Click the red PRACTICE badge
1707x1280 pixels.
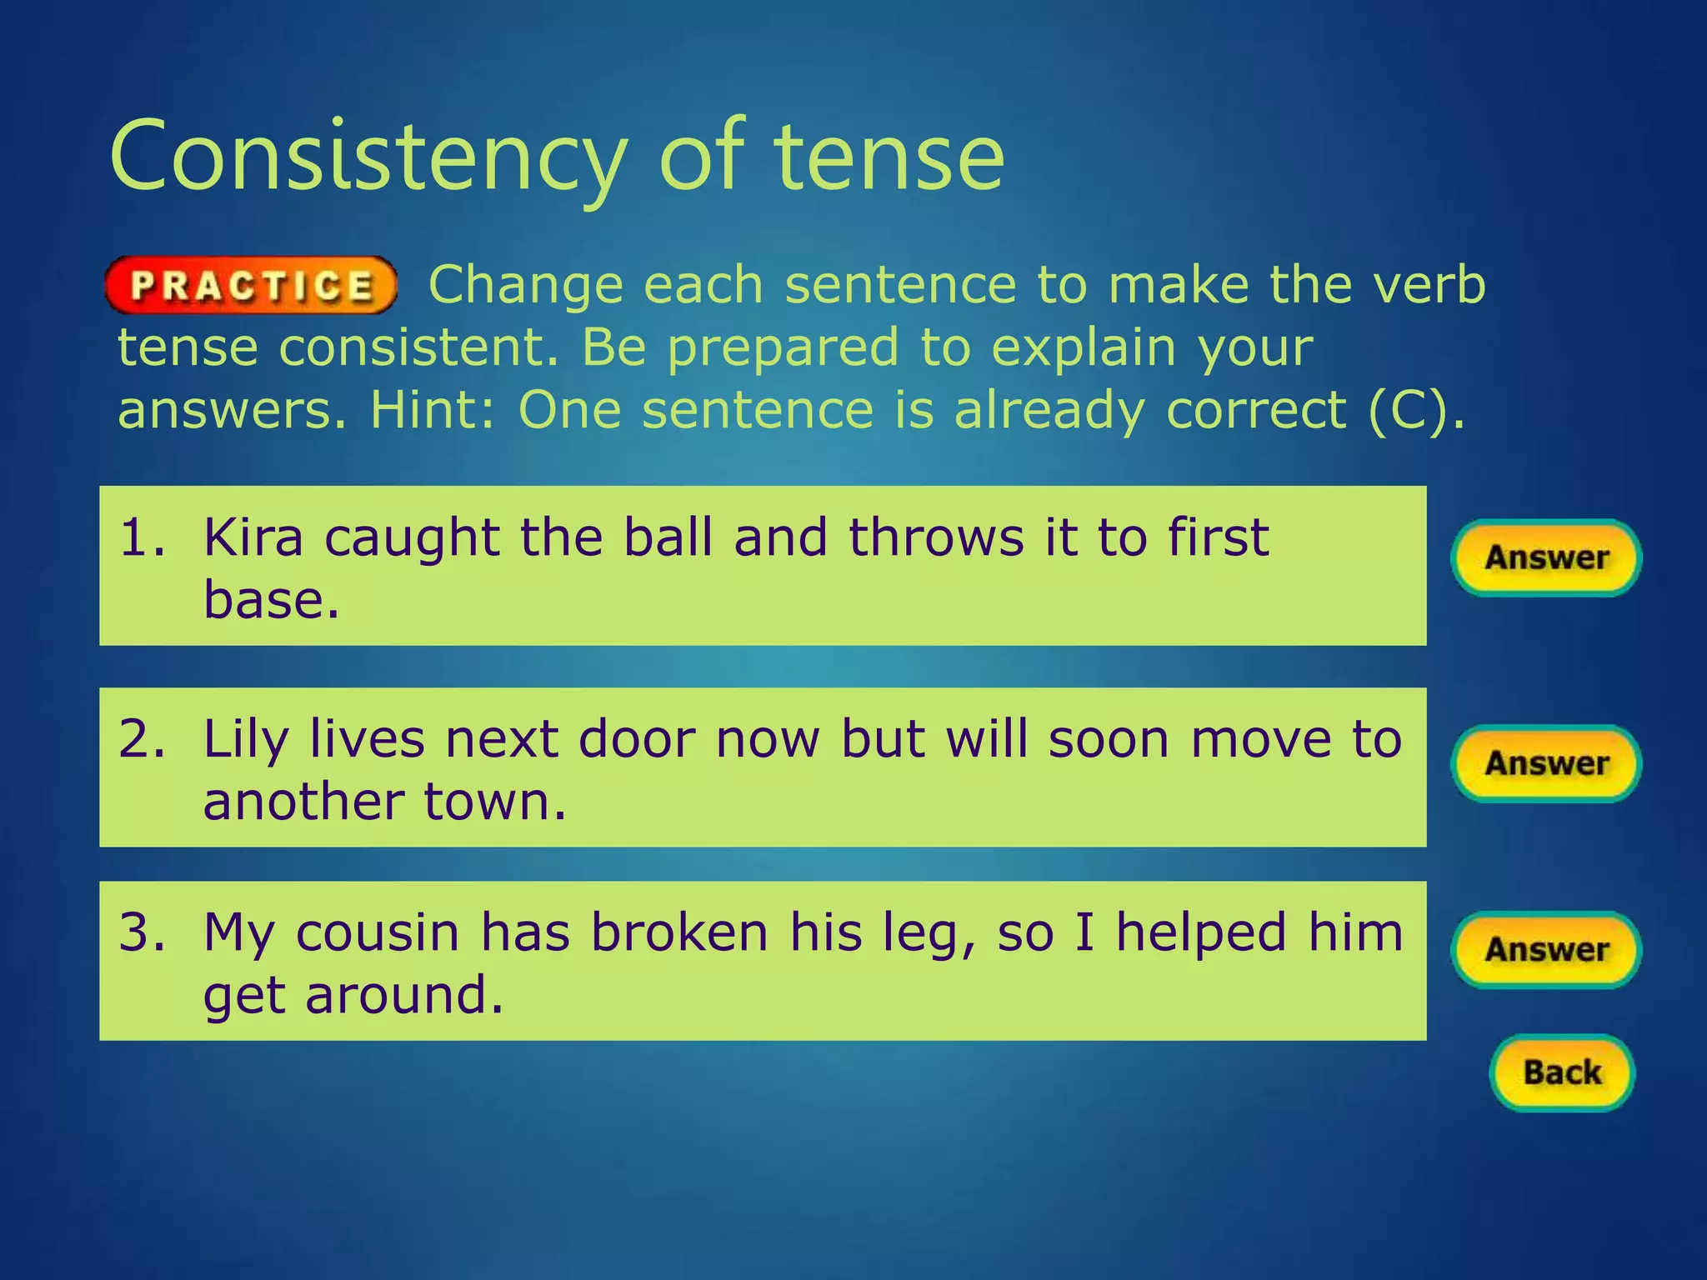pyautogui.click(x=251, y=285)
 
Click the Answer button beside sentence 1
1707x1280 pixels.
pyautogui.click(x=1546, y=557)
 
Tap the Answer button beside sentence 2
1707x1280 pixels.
pyautogui.click(x=1546, y=763)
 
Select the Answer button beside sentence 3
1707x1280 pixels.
pyautogui.click(x=1546, y=950)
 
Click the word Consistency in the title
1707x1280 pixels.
pyautogui.click(x=368, y=158)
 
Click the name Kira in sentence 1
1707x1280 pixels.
pyautogui.click(x=253, y=537)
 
